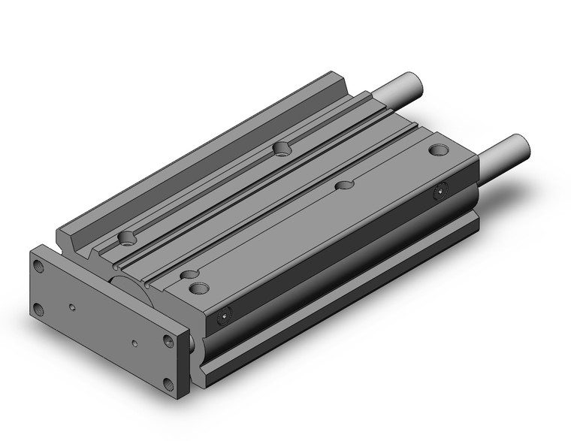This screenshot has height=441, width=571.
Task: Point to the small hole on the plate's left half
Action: (72, 307)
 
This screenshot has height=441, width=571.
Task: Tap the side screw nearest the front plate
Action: (222, 319)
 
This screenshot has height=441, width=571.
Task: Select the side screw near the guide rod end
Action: (441, 194)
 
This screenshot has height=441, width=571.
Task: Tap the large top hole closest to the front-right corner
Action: (199, 287)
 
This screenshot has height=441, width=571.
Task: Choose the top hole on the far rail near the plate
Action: (127, 240)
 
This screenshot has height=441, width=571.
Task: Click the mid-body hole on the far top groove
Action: (282, 148)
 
